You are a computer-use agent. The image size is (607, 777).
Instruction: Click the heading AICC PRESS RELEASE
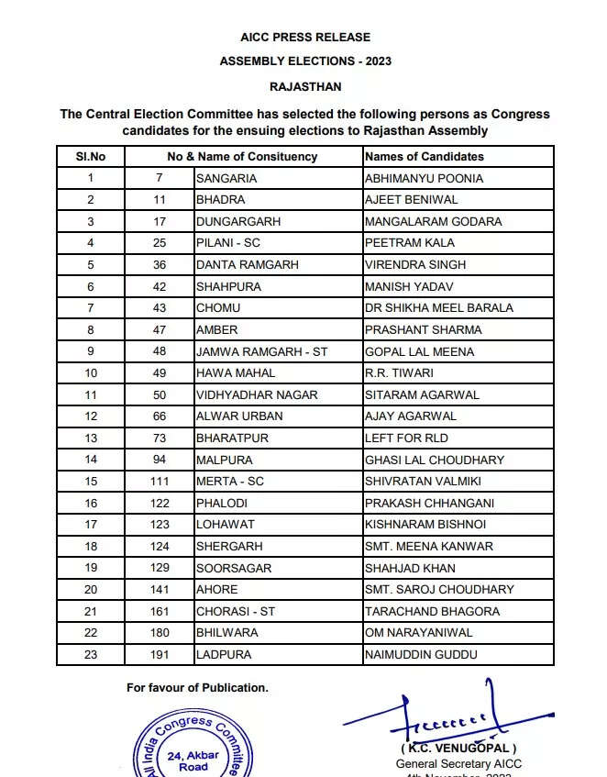point(304,38)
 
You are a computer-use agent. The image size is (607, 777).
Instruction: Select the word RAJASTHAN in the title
point(305,87)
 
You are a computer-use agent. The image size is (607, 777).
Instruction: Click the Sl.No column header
point(91,157)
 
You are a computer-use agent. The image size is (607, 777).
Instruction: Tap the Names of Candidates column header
point(425,157)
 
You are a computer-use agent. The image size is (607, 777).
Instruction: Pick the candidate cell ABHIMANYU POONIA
point(424,178)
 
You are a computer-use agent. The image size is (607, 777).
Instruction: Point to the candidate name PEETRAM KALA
point(410,243)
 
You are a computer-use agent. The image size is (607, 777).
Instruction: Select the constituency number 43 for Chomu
point(159,308)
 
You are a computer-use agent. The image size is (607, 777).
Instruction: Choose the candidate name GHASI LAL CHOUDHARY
point(434,461)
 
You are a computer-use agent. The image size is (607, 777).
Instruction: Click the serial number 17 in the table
point(91,525)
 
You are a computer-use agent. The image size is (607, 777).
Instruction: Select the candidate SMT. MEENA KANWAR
point(428,547)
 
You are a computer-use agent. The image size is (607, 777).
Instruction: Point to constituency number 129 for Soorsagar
point(159,569)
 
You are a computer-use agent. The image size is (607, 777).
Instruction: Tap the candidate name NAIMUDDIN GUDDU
point(421,655)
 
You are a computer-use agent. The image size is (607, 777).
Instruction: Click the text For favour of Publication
point(197,687)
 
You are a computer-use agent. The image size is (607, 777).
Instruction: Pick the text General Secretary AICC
point(458,763)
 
